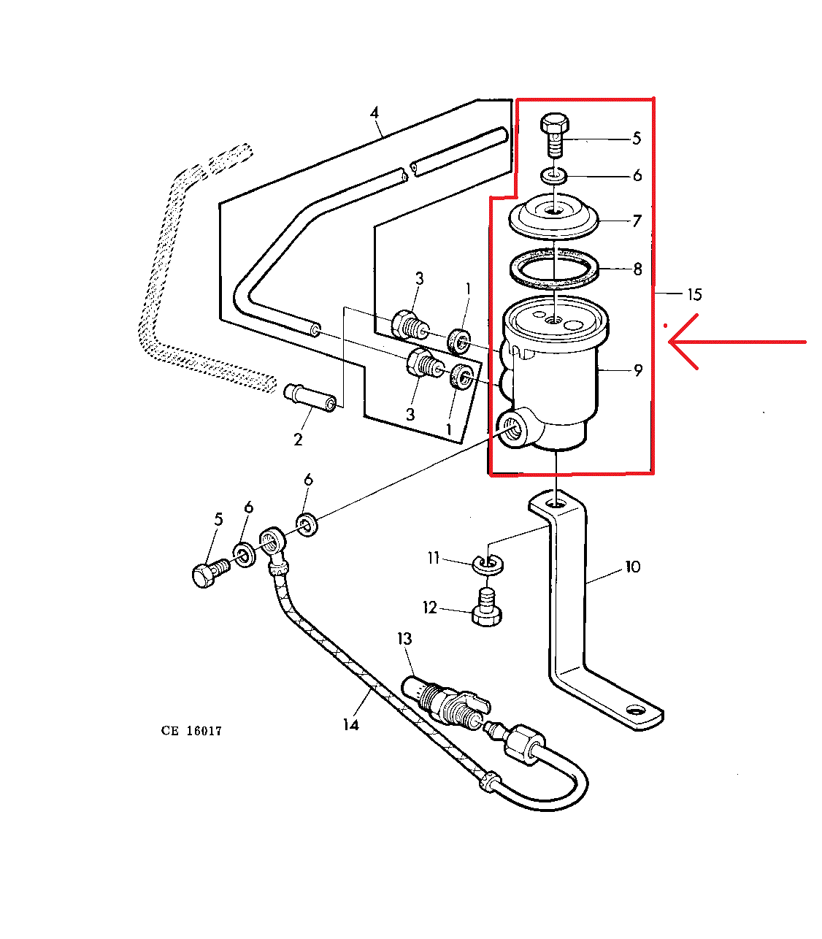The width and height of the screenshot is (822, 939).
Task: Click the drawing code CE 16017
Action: pyautogui.click(x=191, y=731)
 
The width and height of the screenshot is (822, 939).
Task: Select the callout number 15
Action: pyautogui.click(x=694, y=294)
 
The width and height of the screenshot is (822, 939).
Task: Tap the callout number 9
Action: pyautogui.click(x=638, y=371)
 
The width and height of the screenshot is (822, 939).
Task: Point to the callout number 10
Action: pyautogui.click(x=632, y=567)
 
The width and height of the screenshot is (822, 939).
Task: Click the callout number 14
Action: pyautogui.click(x=351, y=724)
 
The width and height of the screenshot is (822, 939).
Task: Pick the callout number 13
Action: pyautogui.click(x=404, y=639)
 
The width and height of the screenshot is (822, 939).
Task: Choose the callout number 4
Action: pyautogui.click(x=374, y=113)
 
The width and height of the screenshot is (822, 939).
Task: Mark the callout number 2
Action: pyautogui.click(x=298, y=440)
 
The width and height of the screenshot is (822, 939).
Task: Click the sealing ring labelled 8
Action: pyautogui.click(x=554, y=268)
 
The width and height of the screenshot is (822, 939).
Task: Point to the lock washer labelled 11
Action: pyautogui.click(x=488, y=562)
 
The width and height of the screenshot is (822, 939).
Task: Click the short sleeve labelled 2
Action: pyautogui.click(x=310, y=397)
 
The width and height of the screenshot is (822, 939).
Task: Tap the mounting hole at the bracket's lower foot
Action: pyautogui.click(x=637, y=710)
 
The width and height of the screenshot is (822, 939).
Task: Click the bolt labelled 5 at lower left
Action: pyautogui.click(x=206, y=572)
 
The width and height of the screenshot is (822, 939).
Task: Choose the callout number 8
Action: pyautogui.click(x=637, y=269)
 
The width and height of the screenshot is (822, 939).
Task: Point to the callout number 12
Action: pyautogui.click(x=429, y=608)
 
